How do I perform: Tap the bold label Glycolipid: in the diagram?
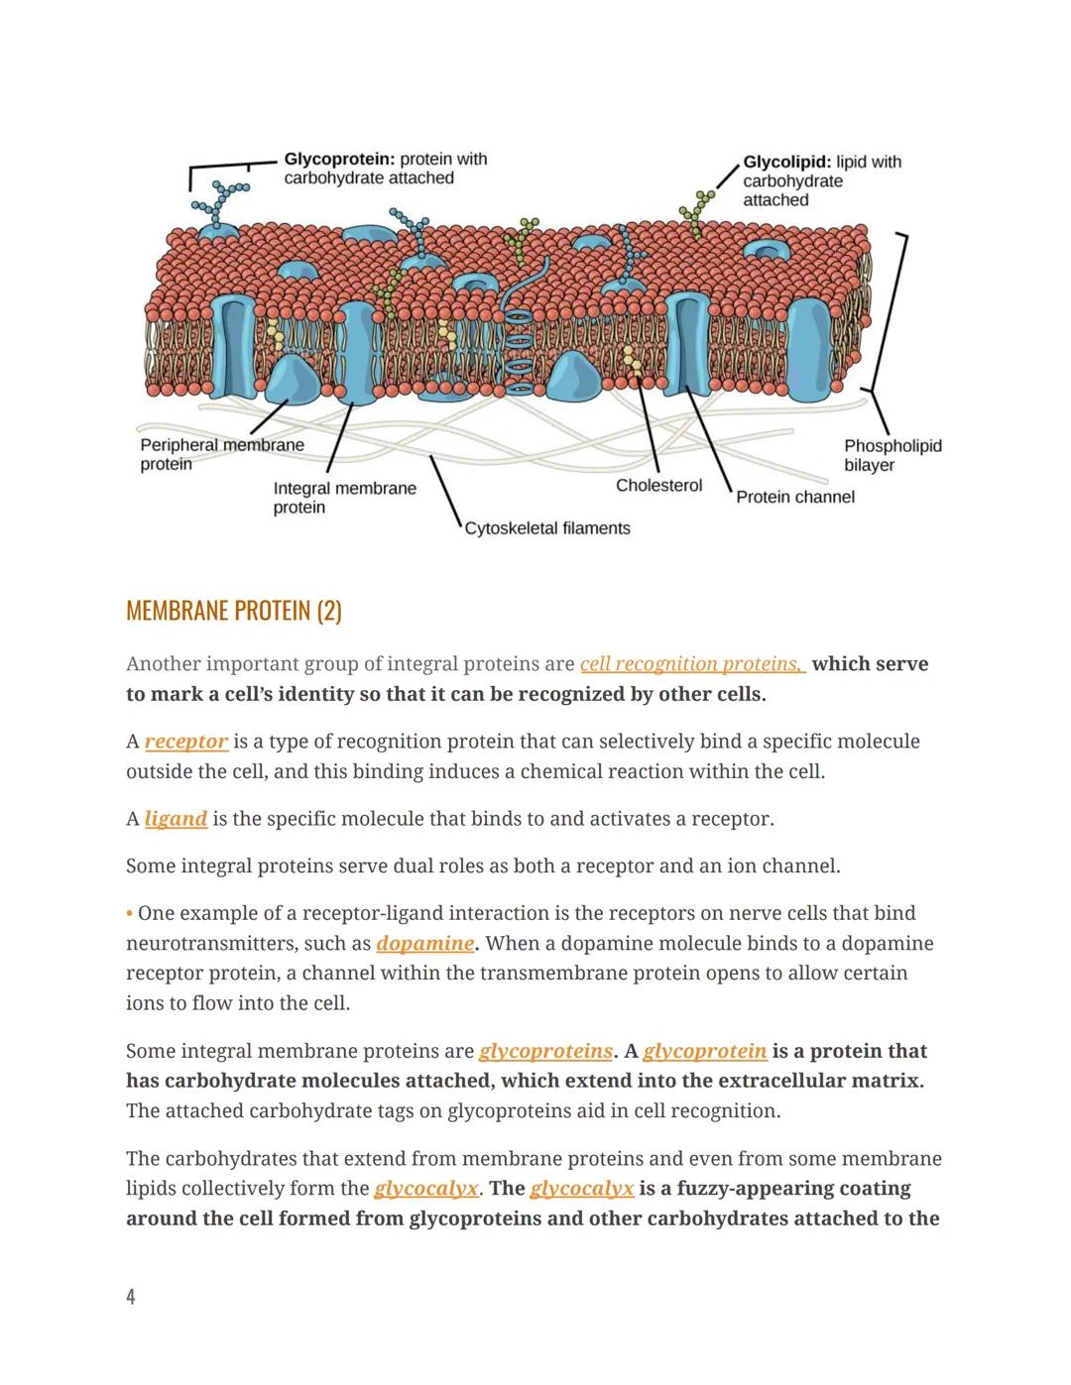786,163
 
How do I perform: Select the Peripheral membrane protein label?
221,454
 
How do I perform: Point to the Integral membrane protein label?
343,498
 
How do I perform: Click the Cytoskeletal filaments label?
547,528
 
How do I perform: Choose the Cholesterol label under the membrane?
658,486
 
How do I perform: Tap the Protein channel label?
794,497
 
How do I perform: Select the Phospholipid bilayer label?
892,455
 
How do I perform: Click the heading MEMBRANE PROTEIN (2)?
234,611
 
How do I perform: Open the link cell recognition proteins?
691,664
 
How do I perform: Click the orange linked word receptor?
186,742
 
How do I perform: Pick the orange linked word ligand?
176,819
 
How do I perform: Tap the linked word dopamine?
424,944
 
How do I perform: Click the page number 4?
131,1297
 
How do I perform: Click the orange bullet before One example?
130,914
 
